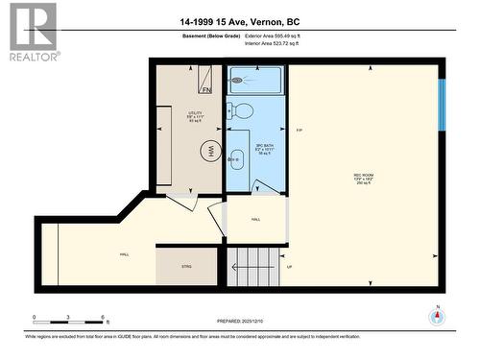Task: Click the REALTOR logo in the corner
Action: coord(30,32)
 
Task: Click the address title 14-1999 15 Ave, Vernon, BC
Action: coord(240,21)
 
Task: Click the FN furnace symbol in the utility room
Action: coord(206,88)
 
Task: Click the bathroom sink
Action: coord(237,158)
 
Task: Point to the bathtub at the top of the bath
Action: coord(254,80)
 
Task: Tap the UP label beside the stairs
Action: coord(290,267)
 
